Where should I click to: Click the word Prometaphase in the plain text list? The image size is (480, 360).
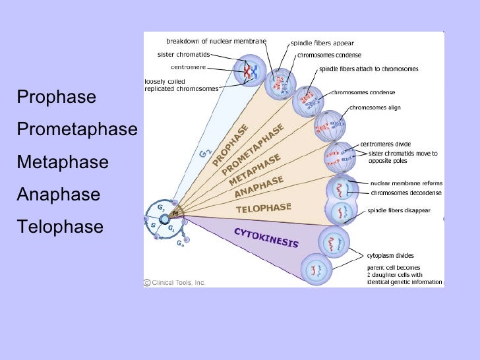pos(76,129)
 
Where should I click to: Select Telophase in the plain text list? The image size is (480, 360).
pos(60,227)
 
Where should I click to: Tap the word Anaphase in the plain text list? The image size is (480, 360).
pos(59,195)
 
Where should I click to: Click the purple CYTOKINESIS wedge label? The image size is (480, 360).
pos(266,237)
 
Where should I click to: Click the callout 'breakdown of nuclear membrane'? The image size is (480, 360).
pos(216,41)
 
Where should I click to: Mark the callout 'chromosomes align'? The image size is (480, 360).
pos(375,107)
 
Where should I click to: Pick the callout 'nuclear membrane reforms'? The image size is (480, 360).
pos(405,183)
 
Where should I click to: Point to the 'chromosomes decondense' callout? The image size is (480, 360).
pos(405,193)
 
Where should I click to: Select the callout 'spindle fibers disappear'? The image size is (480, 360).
pos(399,210)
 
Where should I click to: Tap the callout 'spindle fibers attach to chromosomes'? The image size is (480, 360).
pos(369,69)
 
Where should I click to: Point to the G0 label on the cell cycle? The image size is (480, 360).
pos(180,242)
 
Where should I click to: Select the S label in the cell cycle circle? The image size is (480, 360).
pos(153,225)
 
